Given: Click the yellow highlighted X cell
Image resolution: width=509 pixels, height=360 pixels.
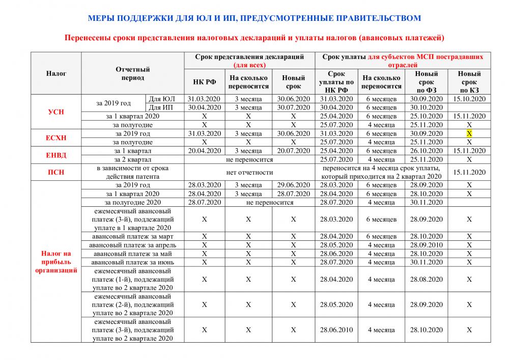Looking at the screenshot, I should [469, 133].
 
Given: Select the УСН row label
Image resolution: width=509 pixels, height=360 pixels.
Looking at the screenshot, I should [56, 112].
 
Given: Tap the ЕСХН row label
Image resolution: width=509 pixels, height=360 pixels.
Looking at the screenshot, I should [56, 137].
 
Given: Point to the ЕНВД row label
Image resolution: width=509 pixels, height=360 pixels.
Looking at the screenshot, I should [56, 155].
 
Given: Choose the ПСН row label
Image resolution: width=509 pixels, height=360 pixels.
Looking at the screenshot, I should [56, 172].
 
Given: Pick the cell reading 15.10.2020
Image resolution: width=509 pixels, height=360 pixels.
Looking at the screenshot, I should [469, 99].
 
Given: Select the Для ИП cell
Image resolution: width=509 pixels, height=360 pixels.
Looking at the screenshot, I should [165, 107].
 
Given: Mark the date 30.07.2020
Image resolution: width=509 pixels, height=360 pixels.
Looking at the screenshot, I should [293, 107].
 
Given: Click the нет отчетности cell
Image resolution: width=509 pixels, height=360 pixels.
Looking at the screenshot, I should [249, 172].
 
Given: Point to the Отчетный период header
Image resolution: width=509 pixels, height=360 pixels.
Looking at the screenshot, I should [132, 73].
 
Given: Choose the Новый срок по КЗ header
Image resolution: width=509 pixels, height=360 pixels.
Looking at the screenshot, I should [469, 82].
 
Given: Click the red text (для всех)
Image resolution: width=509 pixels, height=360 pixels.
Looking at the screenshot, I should [249, 65].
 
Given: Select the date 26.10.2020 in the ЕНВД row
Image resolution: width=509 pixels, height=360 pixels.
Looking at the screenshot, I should [428, 151].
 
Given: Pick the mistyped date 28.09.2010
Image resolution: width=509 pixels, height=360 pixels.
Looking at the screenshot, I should [428, 245].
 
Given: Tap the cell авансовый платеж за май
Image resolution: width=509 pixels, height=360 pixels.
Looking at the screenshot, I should [133, 254].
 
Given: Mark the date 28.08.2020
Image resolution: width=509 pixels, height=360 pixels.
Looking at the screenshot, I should [428, 279].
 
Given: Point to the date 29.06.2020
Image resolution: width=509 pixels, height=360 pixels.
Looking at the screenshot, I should [293, 185].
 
